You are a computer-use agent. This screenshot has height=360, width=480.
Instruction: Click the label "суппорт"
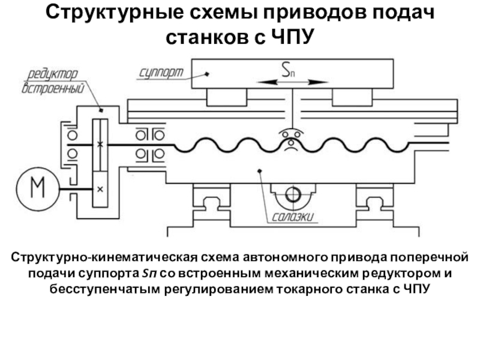click(x=161, y=73)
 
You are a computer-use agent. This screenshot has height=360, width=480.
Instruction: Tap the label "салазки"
click(x=293, y=217)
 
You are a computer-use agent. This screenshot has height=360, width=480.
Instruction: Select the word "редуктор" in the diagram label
click(x=53, y=74)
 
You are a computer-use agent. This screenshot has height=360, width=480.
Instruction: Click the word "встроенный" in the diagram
click(x=53, y=88)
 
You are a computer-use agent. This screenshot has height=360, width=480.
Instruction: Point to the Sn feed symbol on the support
click(x=288, y=70)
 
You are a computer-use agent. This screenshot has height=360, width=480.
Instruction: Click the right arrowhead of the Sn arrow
click(x=319, y=82)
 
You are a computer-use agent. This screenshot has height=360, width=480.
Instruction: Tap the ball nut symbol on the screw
click(x=291, y=139)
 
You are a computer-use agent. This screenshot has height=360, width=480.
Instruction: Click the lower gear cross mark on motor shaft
click(x=100, y=190)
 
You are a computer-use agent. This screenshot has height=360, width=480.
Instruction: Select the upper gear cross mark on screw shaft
click(x=100, y=144)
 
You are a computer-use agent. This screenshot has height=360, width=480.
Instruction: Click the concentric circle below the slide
click(x=293, y=194)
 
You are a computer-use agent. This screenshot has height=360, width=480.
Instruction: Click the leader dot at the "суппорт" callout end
click(x=207, y=74)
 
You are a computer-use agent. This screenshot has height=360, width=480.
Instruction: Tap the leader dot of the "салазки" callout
click(x=260, y=170)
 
